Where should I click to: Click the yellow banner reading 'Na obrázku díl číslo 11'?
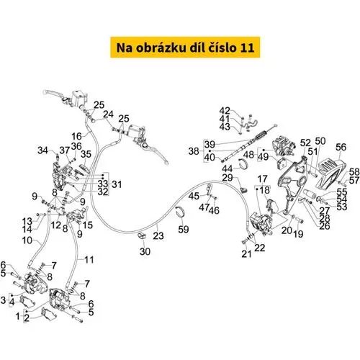point(185,48)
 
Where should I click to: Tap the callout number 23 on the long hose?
point(158,235)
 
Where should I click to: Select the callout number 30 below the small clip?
point(145,251)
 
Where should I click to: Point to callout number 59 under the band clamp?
point(184,229)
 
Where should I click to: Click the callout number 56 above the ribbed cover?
point(341,147)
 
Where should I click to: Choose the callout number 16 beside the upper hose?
point(77,136)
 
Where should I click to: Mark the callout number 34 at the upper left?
point(43,150)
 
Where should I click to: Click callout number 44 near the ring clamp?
point(227,168)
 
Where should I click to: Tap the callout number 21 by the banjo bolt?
point(246,253)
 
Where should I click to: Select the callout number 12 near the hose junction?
point(56,225)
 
